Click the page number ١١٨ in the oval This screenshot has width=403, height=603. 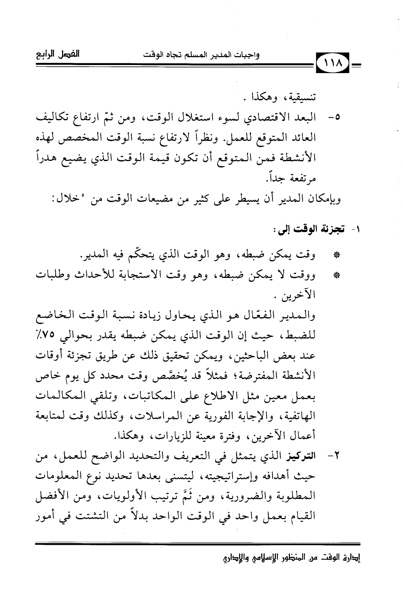[x=332, y=66]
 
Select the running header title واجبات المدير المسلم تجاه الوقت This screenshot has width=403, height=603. [x=201, y=55]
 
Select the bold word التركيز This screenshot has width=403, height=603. [x=306, y=460]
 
